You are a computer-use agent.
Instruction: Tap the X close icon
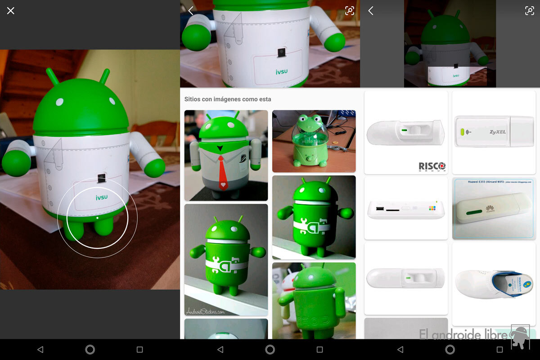[x=11, y=11]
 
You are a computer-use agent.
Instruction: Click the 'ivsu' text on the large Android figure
[x=102, y=197]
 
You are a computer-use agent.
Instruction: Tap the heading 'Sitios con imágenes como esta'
[x=228, y=99]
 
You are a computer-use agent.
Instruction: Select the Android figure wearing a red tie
[x=226, y=155]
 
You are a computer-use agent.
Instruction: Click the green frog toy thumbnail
[x=314, y=141]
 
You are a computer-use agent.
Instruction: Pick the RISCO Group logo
[x=432, y=166]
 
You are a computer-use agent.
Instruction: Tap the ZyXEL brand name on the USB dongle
[x=498, y=132]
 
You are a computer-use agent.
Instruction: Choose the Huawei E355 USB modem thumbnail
[x=494, y=208]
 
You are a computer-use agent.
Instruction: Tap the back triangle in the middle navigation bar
[x=220, y=350]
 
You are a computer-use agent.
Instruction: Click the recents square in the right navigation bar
[x=499, y=350]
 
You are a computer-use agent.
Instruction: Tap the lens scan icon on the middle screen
[x=350, y=11]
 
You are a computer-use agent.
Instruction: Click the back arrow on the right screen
[x=371, y=11]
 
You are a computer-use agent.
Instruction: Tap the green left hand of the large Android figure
[x=16, y=163]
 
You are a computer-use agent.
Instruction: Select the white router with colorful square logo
[x=406, y=210]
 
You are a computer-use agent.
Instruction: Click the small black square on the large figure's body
[x=102, y=178]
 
